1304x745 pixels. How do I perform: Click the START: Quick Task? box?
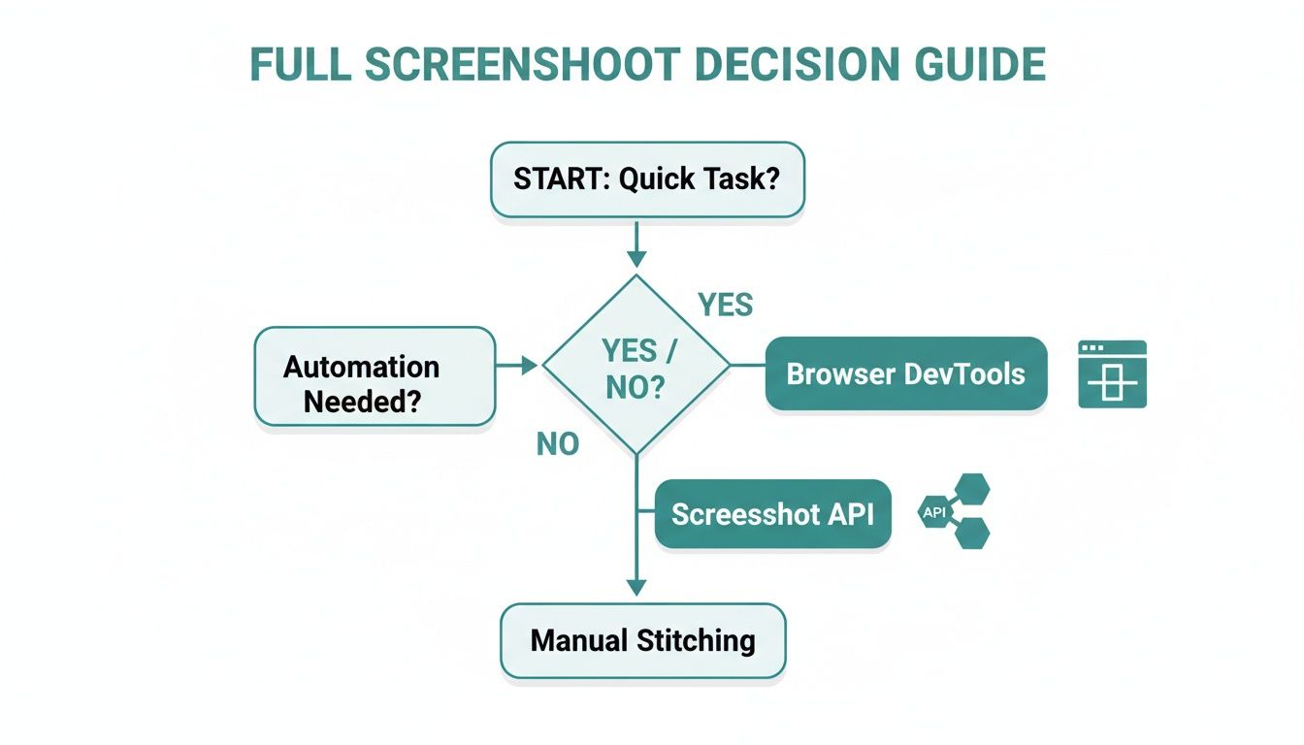(647, 179)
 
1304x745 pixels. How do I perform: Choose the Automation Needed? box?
(375, 376)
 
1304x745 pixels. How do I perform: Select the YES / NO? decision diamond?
(636, 366)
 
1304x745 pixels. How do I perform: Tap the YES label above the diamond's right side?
(725, 306)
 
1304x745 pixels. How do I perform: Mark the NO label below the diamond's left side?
(558, 444)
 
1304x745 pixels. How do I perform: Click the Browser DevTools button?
(905, 374)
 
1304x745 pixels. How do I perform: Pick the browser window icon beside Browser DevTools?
(1112, 374)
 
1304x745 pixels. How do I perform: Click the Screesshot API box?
(772, 514)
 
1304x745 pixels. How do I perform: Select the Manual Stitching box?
(642, 640)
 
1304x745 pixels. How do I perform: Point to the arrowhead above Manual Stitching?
(636, 586)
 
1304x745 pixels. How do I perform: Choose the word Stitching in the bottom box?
(696, 640)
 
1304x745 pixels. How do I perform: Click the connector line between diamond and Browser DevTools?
(747, 366)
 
